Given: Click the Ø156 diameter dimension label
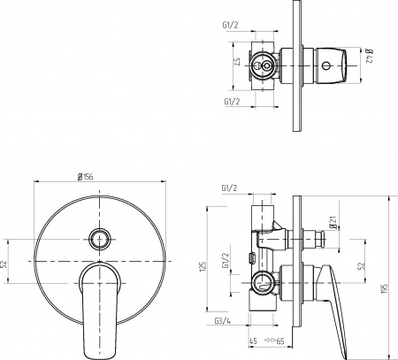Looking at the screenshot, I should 87,176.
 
